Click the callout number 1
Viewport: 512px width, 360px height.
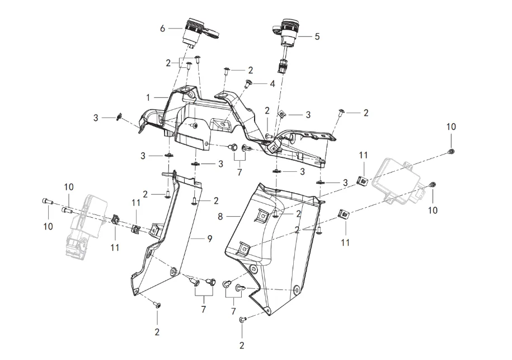click(149, 97)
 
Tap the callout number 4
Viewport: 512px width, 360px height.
click(273, 83)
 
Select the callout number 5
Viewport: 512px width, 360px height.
click(317, 37)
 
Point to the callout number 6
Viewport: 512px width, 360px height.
click(163, 29)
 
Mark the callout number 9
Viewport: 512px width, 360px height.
click(209, 239)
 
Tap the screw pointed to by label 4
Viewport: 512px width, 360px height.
click(247, 84)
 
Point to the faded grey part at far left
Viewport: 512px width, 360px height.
click(84, 224)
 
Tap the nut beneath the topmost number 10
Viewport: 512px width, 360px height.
click(451, 152)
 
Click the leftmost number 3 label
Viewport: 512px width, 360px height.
click(96, 118)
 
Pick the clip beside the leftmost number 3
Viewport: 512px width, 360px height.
click(119, 117)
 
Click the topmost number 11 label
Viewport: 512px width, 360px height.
click(364, 155)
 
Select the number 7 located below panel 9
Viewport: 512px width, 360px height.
click(203, 308)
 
